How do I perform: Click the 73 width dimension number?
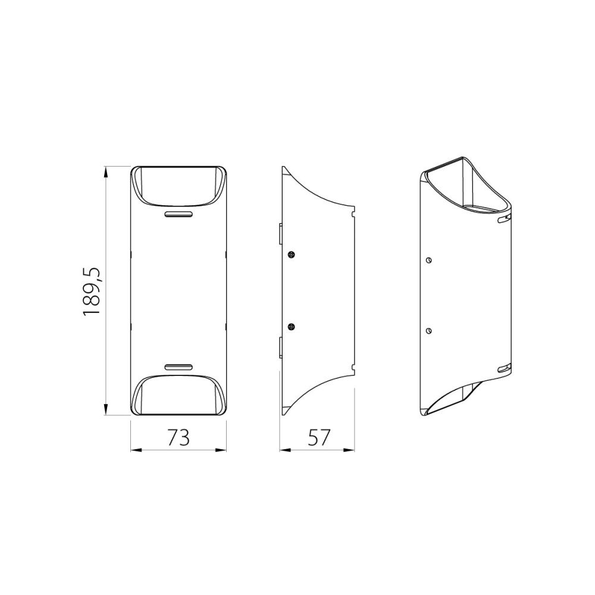pos(178,437)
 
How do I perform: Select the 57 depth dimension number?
pos(319,437)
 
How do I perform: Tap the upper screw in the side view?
pos(292,255)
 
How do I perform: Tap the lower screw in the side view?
pos(292,327)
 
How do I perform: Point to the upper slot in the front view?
pos(178,214)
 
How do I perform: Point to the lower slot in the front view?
pos(178,367)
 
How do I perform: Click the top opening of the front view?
pos(178,186)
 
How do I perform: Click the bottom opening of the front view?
pos(178,395)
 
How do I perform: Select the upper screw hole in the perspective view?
pos(429,261)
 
